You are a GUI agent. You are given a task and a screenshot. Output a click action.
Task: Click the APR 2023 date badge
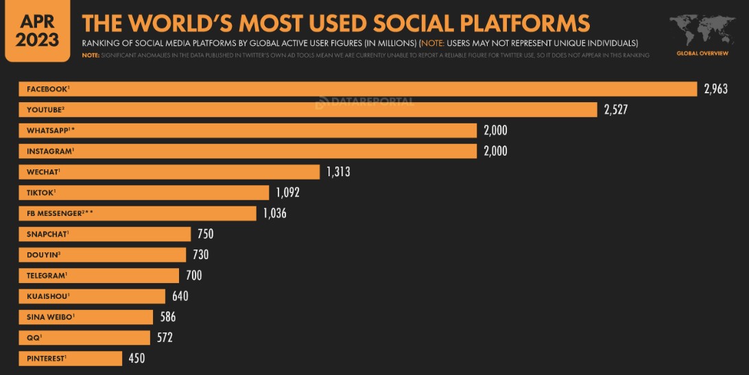pyautogui.click(x=37, y=31)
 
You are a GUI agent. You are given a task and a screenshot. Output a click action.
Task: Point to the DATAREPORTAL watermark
pyautogui.click(x=365, y=103)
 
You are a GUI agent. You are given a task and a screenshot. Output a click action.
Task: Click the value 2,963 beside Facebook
pyautogui.click(x=715, y=89)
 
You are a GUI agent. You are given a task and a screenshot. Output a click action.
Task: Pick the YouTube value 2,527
pyautogui.click(x=616, y=110)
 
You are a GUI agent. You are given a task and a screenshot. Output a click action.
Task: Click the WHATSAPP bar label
pyautogui.click(x=49, y=130)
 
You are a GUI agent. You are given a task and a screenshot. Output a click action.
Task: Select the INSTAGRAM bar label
pyautogui.click(x=50, y=151)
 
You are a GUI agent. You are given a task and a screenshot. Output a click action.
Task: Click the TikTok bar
pyautogui.click(x=144, y=193)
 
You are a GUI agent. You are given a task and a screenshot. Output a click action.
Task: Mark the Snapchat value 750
pyautogui.click(x=205, y=234)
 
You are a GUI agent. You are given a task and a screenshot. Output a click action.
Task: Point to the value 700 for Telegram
pyautogui.click(x=193, y=276)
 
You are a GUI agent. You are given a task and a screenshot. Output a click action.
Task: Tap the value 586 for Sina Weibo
pyautogui.click(x=168, y=317)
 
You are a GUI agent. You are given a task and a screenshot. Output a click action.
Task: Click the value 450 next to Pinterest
pyautogui.click(x=136, y=359)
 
